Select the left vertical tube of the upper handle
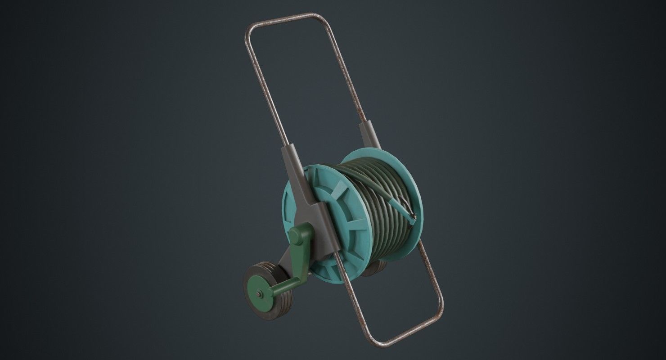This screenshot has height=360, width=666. (x=265, y=90)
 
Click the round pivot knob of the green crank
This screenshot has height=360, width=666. (x=296, y=235)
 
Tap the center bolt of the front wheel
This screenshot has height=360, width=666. (x=260, y=294)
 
